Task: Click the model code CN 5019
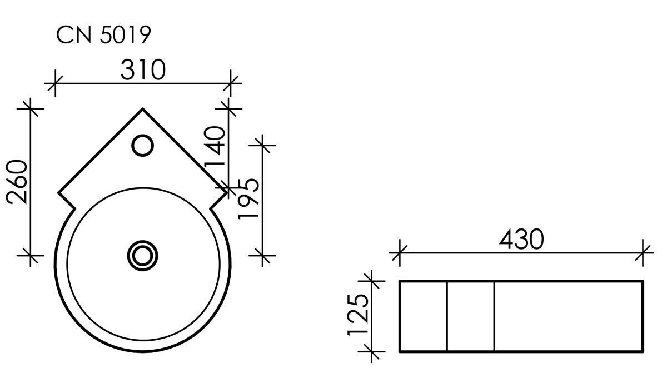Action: click(x=103, y=35)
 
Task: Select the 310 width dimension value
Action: click(x=143, y=69)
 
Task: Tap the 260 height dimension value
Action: click(x=17, y=182)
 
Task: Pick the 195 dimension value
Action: click(x=248, y=199)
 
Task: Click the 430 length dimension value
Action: click(x=521, y=239)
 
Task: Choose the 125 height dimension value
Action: click(x=358, y=315)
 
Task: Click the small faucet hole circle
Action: click(x=143, y=145)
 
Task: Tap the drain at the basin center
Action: click(x=143, y=256)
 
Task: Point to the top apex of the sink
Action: click(x=143, y=109)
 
